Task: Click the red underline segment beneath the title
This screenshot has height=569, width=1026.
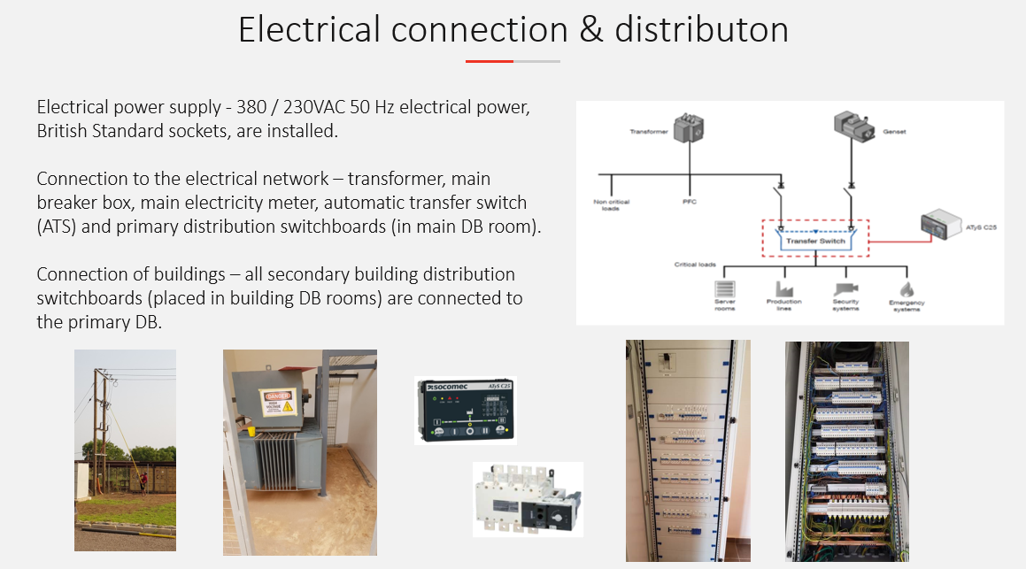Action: pos(490,61)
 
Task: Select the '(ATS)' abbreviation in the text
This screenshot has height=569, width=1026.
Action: pos(62,226)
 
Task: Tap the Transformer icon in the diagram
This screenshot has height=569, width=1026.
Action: pos(688,130)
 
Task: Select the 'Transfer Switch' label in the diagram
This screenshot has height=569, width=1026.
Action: pos(814,240)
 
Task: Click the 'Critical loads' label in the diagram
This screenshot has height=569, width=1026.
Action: pos(695,265)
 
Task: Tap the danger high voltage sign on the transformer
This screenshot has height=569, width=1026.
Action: pos(275,404)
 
